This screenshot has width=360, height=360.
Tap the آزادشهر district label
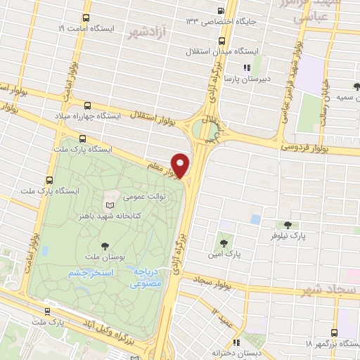tap(147, 32)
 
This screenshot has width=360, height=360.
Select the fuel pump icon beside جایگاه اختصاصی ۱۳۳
tap(221, 11)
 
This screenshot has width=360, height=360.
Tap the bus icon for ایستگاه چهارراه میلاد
tap(86, 104)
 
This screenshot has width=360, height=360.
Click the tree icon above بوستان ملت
tap(105, 245)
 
